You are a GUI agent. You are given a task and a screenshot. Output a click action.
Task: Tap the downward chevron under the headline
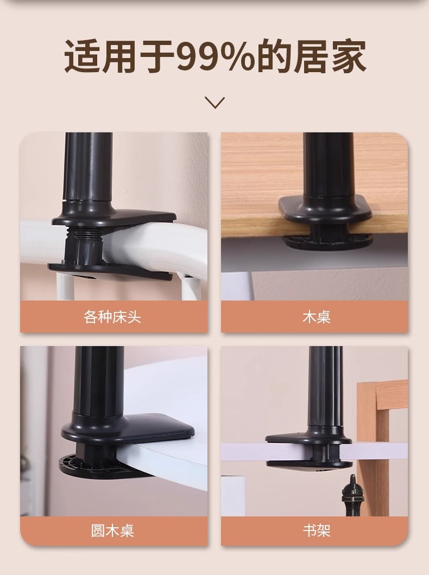pos(214,103)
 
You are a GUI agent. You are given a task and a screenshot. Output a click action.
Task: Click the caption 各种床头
pos(112,317)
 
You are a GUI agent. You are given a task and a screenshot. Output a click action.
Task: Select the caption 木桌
pos(317,317)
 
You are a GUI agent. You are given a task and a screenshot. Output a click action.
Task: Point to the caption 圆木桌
pos(112,531)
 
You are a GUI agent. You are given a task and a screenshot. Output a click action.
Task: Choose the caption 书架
pos(317,531)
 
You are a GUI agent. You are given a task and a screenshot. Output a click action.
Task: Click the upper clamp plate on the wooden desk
pos(325,208)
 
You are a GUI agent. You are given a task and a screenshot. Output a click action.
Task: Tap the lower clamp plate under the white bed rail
pos(110,272)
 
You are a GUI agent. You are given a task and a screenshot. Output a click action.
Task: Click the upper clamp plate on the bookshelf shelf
pos(308,439)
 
